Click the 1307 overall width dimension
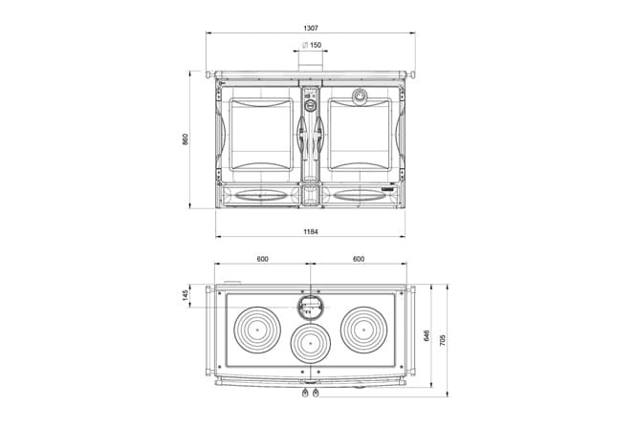[311, 29]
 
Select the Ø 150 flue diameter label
[312, 45]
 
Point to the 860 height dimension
[186, 139]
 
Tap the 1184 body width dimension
[311, 232]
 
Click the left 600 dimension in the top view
[262, 259]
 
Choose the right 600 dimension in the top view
[359, 259]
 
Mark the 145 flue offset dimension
[186, 295]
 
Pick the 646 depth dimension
[427, 335]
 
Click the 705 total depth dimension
[443, 340]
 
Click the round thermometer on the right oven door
[359, 96]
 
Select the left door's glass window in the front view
[261, 135]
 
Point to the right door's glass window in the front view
[360, 135]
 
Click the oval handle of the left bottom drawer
[261, 196]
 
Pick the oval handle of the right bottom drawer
[360, 196]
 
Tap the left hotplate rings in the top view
[257, 330]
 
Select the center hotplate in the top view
[311, 343]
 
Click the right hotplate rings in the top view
[363, 330]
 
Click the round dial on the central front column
[310, 106]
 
